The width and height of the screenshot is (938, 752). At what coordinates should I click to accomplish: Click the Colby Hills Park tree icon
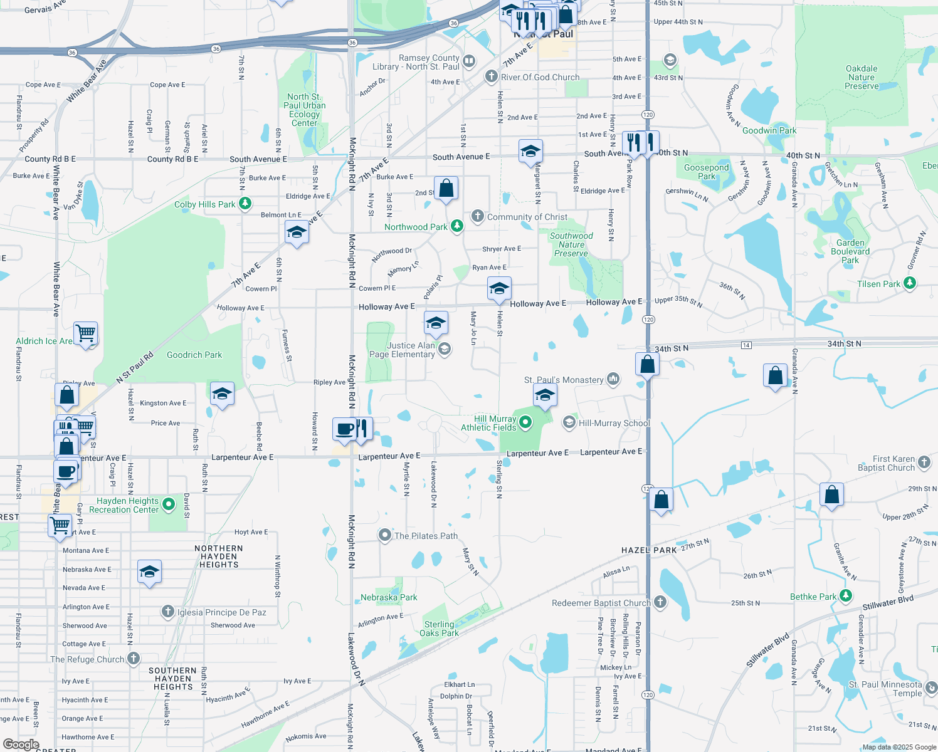(245, 204)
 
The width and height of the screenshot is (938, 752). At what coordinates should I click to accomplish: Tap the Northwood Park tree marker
(457, 226)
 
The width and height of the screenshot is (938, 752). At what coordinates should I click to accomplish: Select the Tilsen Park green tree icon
(909, 283)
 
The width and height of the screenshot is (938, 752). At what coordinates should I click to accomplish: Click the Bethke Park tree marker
(846, 596)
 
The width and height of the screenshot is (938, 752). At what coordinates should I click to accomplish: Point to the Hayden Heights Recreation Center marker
(169, 504)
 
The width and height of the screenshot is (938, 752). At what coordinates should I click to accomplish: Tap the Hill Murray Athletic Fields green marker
(525, 422)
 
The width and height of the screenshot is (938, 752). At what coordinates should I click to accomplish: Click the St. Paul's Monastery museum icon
(613, 379)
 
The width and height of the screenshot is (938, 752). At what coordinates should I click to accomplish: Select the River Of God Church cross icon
(492, 76)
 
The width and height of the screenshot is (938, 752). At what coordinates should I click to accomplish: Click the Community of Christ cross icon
(478, 216)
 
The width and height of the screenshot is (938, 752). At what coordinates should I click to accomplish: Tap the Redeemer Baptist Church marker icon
(660, 602)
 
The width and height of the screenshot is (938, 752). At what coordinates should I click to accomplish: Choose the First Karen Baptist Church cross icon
(924, 462)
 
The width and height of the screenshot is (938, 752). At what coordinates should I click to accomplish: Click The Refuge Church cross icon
(134, 659)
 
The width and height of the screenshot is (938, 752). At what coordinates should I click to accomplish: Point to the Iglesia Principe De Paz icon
(167, 612)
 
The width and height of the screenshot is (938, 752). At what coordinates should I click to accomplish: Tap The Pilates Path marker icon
(384, 535)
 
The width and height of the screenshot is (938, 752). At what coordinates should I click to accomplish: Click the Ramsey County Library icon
(469, 61)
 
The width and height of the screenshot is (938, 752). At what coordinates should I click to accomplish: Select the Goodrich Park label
(194, 355)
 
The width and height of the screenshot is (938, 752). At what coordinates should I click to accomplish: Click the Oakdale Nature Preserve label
(862, 77)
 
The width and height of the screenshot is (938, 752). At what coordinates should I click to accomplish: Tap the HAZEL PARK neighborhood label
(649, 550)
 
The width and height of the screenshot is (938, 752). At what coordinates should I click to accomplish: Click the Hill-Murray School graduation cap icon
(569, 422)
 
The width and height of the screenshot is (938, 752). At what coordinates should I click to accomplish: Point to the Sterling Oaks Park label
(439, 629)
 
